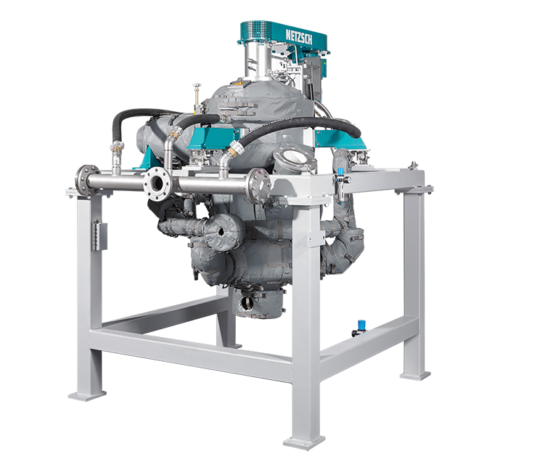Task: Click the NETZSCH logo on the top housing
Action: pyautogui.click(x=299, y=37)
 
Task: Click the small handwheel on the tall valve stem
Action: pyautogui.click(x=197, y=86)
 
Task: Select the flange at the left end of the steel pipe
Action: pyautogui.click(x=83, y=180)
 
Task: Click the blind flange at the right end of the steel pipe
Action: pyautogui.click(x=259, y=185)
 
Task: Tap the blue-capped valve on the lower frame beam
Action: pyautogui.click(x=360, y=328)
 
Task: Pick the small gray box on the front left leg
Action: pyautogui.click(x=99, y=235)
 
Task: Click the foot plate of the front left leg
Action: pyautogui.click(x=87, y=395)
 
